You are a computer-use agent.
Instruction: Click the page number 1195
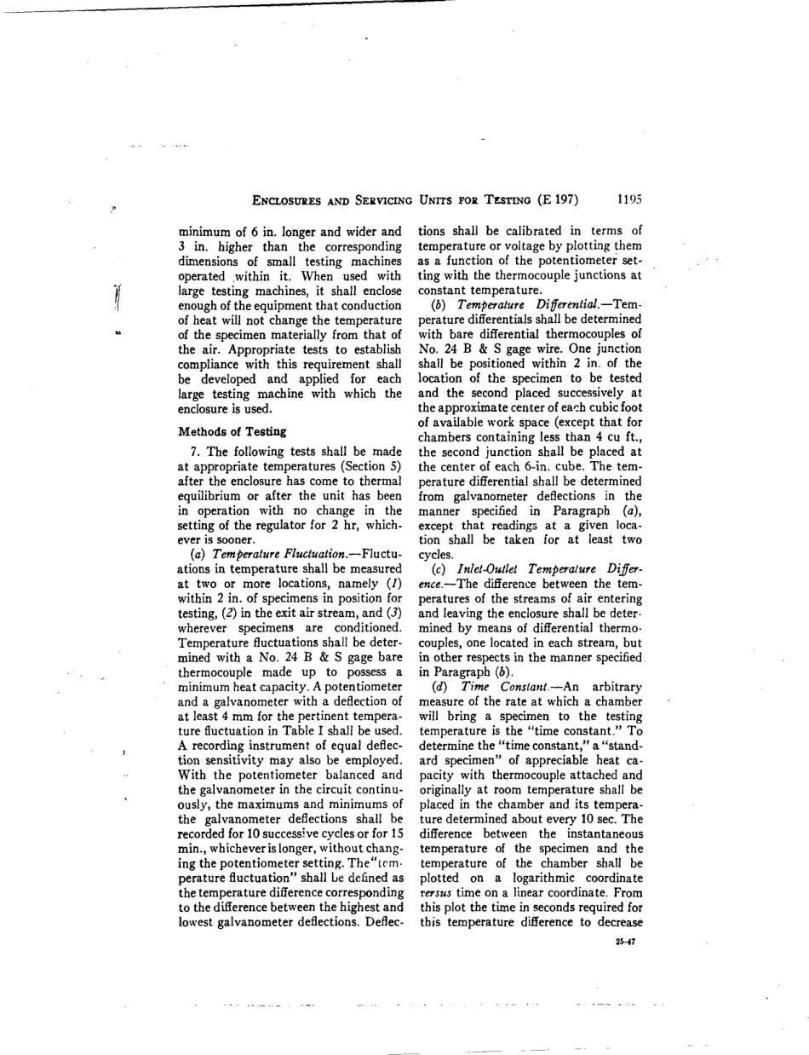point(628,200)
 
